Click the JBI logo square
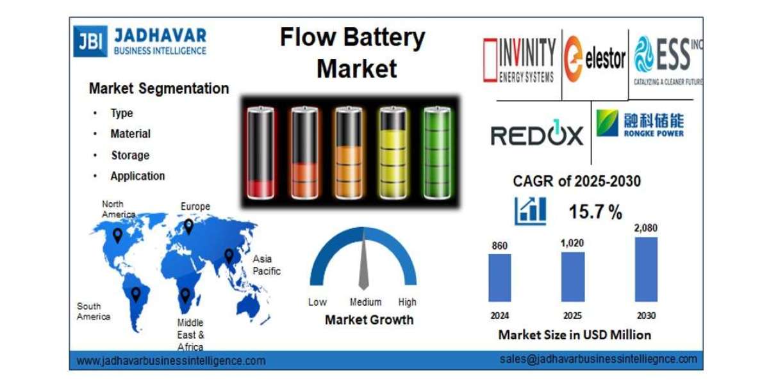point(90,42)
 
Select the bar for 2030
point(645,269)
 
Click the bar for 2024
point(500,278)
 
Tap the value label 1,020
point(572,243)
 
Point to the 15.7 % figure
point(595,212)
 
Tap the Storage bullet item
point(129,156)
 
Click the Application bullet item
point(137,176)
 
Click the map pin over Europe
point(188,226)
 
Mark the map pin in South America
point(135,294)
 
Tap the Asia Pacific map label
point(266,265)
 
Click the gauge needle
point(363,262)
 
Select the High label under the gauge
point(407,302)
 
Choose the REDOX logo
point(537,135)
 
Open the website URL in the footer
point(171,361)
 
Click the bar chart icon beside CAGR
point(530,211)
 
